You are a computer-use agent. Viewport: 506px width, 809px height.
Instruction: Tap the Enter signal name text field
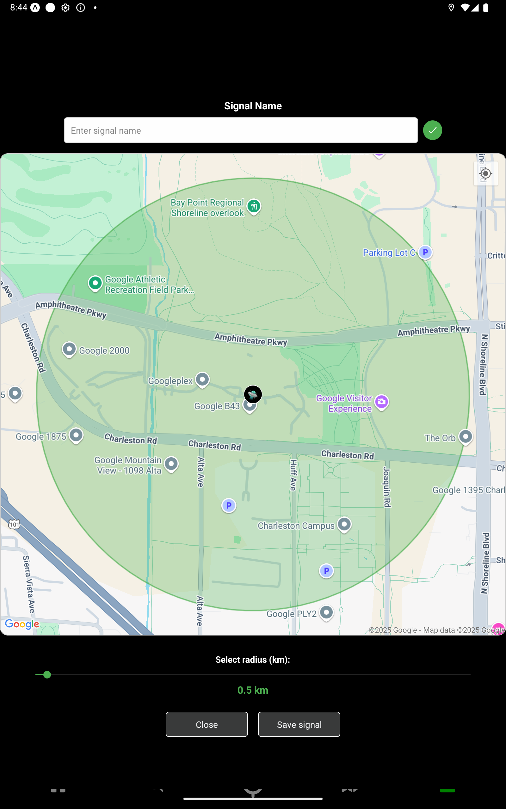tap(241, 131)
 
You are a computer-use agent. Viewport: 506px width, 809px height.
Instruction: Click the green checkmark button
tap(432, 131)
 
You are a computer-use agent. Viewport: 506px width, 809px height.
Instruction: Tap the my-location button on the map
tap(485, 173)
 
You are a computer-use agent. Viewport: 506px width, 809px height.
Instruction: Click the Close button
tap(207, 724)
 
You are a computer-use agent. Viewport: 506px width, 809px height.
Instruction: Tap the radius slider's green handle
tap(47, 675)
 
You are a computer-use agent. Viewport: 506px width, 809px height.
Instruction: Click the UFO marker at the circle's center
tap(253, 394)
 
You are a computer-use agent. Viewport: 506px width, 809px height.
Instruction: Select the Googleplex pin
tap(202, 380)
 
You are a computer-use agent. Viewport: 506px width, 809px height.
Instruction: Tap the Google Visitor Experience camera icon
tap(381, 402)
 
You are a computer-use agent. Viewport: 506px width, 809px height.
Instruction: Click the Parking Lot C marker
tap(425, 252)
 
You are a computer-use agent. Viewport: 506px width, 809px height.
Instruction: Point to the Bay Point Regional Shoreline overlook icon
tap(254, 206)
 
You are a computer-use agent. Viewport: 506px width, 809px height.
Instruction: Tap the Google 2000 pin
tap(69, 349)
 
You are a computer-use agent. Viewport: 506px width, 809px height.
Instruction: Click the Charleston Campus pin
tap(344, 525)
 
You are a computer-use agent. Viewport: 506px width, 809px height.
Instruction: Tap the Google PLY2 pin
tap(326, 613)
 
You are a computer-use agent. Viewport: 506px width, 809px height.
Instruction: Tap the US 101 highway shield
tap(14, 524)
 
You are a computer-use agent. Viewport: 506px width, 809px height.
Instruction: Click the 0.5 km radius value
tap(253, 690)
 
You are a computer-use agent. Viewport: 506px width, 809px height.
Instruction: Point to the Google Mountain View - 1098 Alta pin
tap(171, 464)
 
